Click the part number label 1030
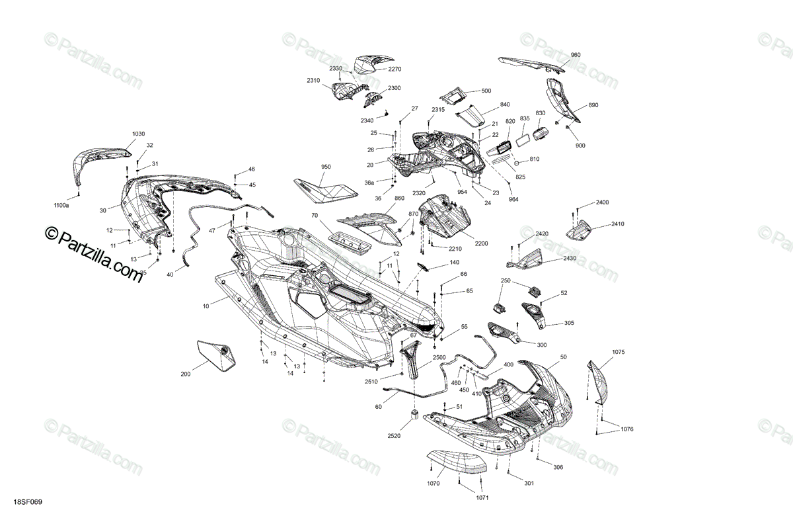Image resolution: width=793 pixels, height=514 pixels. click(138, 134)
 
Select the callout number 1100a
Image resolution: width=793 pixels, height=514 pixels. click(61, 206)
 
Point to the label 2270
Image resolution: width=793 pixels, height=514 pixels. click(395, 69)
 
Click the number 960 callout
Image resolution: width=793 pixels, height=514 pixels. click(576, 55)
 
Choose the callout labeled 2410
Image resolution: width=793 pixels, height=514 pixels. click(617, 224)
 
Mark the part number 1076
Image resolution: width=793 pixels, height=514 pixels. click(627, 429)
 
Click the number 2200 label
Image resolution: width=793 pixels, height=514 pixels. click(480, 244)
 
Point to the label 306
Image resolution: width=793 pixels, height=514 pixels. click(558, 468)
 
